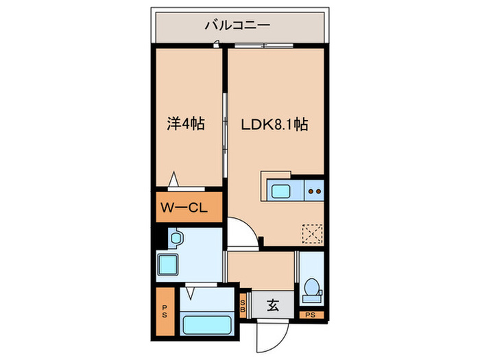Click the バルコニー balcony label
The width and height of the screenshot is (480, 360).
click(x=237, y=25)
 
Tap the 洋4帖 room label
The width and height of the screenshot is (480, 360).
click(x=186, y=123)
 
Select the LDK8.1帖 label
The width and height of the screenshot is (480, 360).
click(x=274, y=124)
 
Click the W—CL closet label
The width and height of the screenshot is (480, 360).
click(x=184, y=208)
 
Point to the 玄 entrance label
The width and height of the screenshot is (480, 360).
click(x=273, y=305)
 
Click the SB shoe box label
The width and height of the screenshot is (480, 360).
click(x=243, y=306)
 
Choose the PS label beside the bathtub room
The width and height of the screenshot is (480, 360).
click(x=165, y=311)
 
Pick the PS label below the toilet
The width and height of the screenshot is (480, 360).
click(x=310, y=315)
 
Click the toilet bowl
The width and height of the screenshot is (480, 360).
click(x=311, y=287)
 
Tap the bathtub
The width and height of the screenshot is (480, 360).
click(x=206, y=325)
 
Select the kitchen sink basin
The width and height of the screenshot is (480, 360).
click(x=280, y=191)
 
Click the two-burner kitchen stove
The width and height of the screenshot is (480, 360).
click(x=314, y=191)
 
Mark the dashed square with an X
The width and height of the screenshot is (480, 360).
click(x=312, y=234)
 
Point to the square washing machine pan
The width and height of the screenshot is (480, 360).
click(x=168, y=265)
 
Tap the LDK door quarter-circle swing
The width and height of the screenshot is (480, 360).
click(x=250, y=226)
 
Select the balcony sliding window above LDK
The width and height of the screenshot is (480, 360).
click(x=264, y=46)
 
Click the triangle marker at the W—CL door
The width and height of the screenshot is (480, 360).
click(x=173, y=179)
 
